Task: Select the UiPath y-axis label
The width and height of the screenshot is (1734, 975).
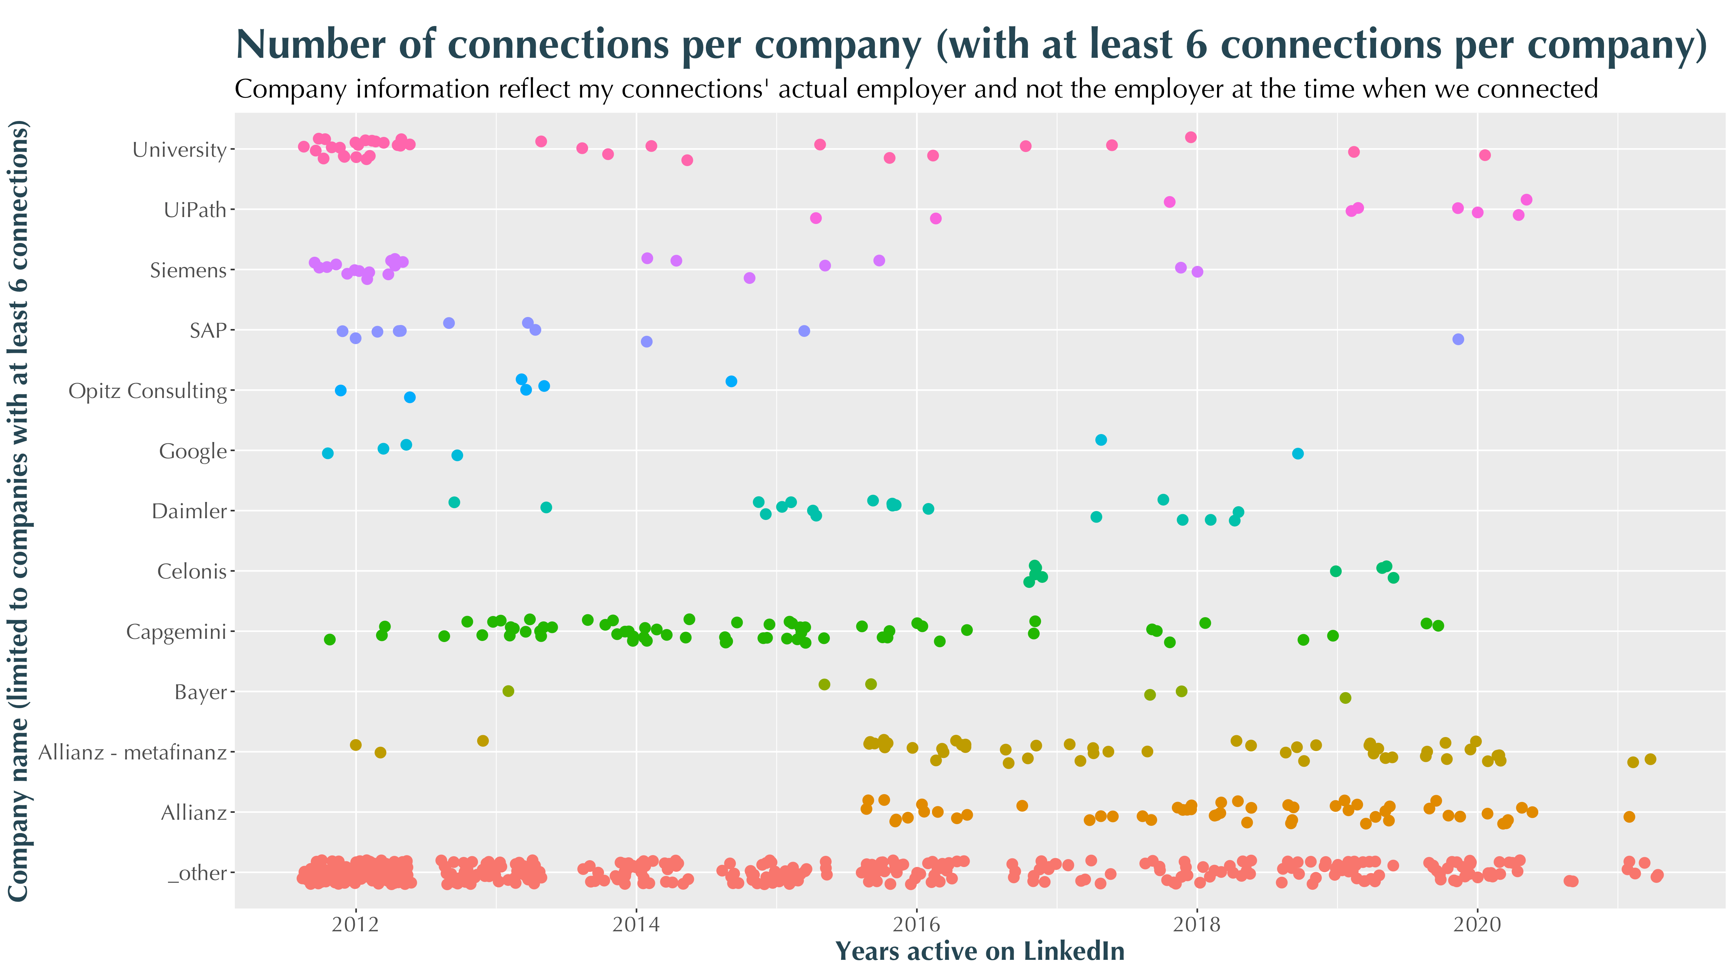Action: [x=195, y=210]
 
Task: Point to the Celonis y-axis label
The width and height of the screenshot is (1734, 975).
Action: [x=192, y=571]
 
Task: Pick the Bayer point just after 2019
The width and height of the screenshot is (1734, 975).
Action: [x=1345, y=698]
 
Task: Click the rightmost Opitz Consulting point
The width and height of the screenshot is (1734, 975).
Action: [x=731, y=382]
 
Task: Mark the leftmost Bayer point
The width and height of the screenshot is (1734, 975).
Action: [x=508, y=691]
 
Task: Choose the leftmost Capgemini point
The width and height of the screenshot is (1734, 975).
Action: [x=329, y=639]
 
